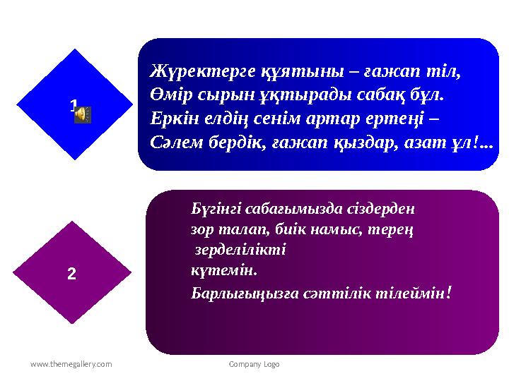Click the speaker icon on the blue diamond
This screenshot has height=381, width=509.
click(x=83, y=114)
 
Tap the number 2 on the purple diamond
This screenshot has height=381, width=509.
click(x=71, y=274)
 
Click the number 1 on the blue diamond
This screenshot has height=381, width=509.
click(x=74, y=105)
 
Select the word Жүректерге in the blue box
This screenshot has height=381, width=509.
click(x=202, y=71)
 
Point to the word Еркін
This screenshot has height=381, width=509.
click(x=175, y=119)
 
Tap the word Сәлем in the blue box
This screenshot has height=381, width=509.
click(x=177, y=143)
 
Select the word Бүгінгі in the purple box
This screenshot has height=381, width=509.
click(x=216, y=210)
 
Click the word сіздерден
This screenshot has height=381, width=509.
click(x=381, y=209)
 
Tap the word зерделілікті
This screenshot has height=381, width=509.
click(x=240, y=250)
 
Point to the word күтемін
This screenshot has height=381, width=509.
click(x=224, y=270)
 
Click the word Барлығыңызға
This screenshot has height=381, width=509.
click(x=245, y=294)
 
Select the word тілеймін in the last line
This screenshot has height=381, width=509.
click(x=414, y=294)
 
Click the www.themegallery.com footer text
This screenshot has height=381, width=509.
click(x=71, y=364)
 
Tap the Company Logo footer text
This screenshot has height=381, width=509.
click(x=254, y=365)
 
